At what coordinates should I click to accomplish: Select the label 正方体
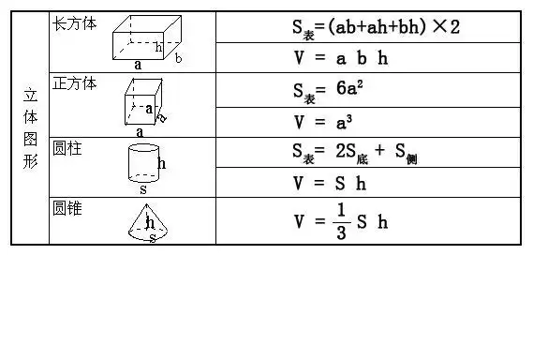pyautogui.click(x=74, y=82)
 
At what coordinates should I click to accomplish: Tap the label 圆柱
pyautogui.click(x=67, y=148)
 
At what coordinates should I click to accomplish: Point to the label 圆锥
pyautogui.click(x=67, y=208)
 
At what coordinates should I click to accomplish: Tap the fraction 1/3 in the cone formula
pyautogui.click(x=341, y=221)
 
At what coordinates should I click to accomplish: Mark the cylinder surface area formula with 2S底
pyautogui.click(x=353, y=153)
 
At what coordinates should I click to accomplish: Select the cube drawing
pyautogui.click(x=143, y=101)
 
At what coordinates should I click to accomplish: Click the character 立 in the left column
pyautogui.click(x=29, y=95)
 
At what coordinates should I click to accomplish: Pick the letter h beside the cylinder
pyautogui.click(x=162, y=163)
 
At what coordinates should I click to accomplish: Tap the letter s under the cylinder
pyautogui.click(x=142, y=188)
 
